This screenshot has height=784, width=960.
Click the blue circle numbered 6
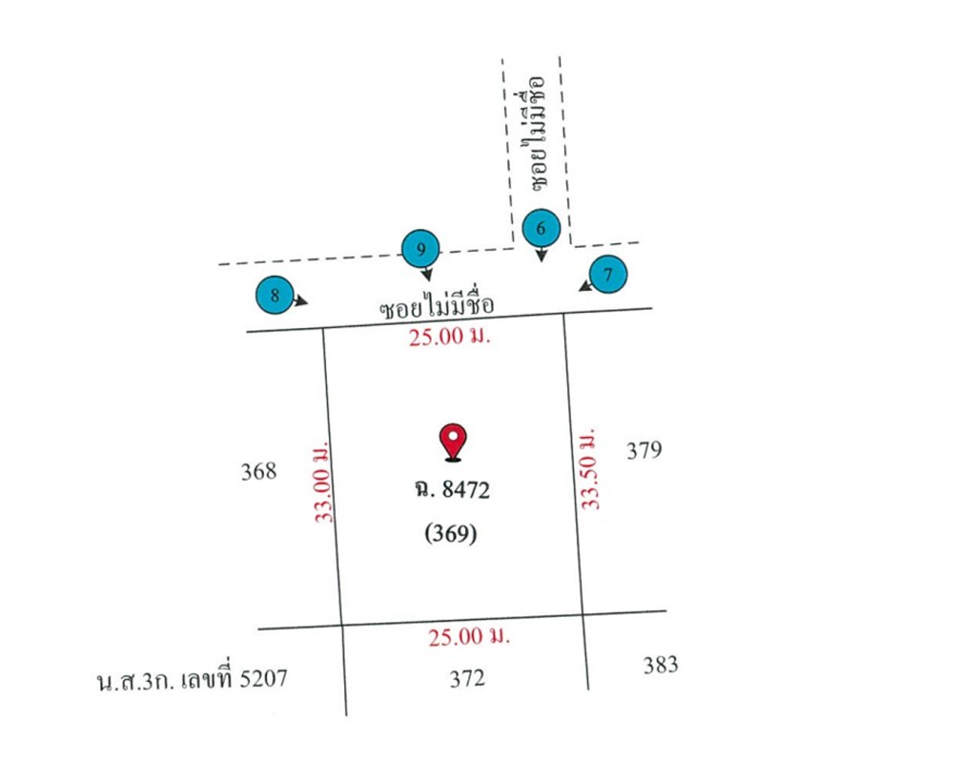(541, 227)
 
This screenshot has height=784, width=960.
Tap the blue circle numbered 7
(608, 274)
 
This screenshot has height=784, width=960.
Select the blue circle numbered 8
(274, 295)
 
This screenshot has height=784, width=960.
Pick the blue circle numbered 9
(421, 248)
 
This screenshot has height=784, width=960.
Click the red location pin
(452, 442)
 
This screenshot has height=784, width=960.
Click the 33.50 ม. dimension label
(589, 468)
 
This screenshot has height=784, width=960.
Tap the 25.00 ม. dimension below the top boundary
(450, 338)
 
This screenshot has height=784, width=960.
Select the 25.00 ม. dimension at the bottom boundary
(469, 637)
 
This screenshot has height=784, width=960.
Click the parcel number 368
(259, 471)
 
